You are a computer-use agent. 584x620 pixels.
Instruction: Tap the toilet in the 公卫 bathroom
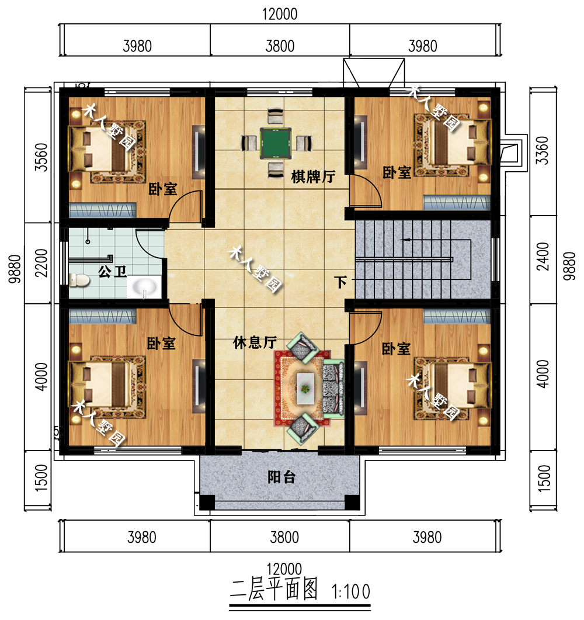tap(78, 280)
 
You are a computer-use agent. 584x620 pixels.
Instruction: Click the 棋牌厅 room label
tap(313, 176)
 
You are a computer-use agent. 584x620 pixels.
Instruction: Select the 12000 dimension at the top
tap(280, 15)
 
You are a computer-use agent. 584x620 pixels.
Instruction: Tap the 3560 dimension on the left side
tap(41, 156)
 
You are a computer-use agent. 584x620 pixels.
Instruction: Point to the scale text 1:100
tap(350, 592)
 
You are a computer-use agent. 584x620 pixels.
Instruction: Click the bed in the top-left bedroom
tap(99, 149)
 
